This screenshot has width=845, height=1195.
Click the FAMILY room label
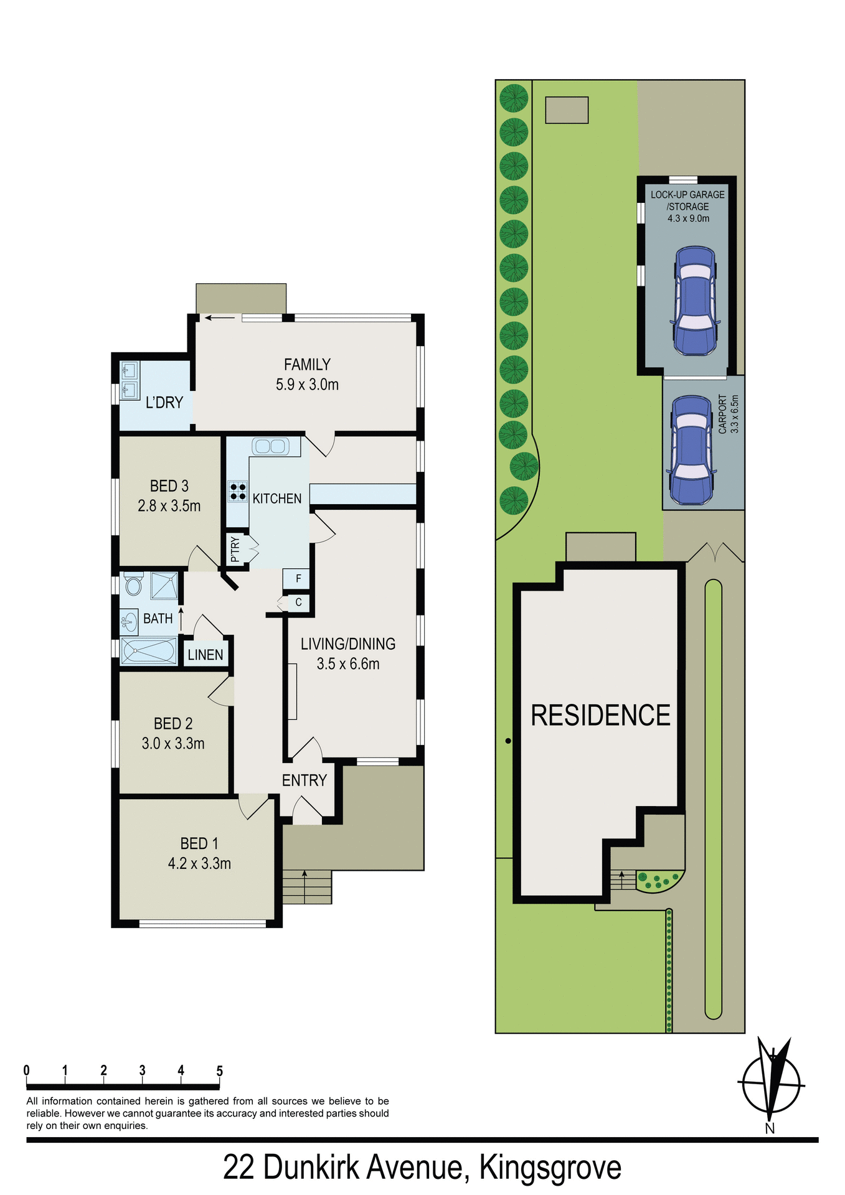pos(307,365)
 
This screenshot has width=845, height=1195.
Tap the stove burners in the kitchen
pos(238,492)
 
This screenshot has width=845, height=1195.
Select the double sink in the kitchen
pos(270,446)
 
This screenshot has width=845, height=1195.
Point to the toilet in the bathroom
pos(133,584)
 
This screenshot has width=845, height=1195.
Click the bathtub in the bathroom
pos(149,651)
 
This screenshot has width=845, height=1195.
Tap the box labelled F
pos(298,579)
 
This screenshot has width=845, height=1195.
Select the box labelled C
pos(298,602)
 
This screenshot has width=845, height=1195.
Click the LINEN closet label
pos(205,655)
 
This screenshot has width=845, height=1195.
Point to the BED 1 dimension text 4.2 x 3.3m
pos(199,864)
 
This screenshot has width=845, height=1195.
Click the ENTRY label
pos(304,780)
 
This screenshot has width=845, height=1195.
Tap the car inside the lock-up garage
pos(694,300)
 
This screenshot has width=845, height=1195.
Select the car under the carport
pos(691,449)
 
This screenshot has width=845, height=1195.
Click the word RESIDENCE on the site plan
pos(600,716)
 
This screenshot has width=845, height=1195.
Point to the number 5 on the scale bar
pos(219,1071)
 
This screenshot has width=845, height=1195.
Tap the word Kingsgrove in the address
pos(550,1168)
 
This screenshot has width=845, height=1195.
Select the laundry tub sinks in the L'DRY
pos(130,381)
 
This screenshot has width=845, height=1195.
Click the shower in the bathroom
pos(164,586)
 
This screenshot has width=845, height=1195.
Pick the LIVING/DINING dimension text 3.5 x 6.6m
pos(347,664)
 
